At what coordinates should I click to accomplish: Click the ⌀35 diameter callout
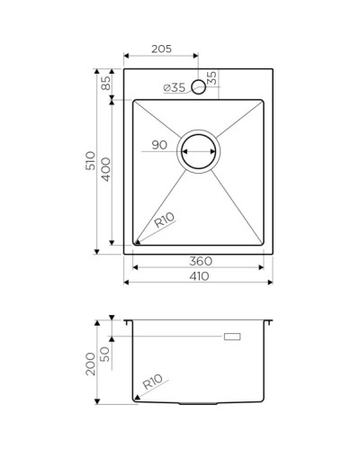point(174,87)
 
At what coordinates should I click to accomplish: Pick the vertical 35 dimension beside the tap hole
point(212,78)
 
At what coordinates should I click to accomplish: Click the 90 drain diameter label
point(159,144)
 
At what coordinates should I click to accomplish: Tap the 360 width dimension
point(200,261)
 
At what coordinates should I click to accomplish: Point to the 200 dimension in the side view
point(90,363)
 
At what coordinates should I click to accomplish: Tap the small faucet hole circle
point(200,87)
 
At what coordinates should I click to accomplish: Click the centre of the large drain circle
point(200,153)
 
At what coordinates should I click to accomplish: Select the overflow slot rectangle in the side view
point(233,336)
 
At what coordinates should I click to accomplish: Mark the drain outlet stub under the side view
point(199,401)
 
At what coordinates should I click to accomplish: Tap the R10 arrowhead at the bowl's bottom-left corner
point(137,241)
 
